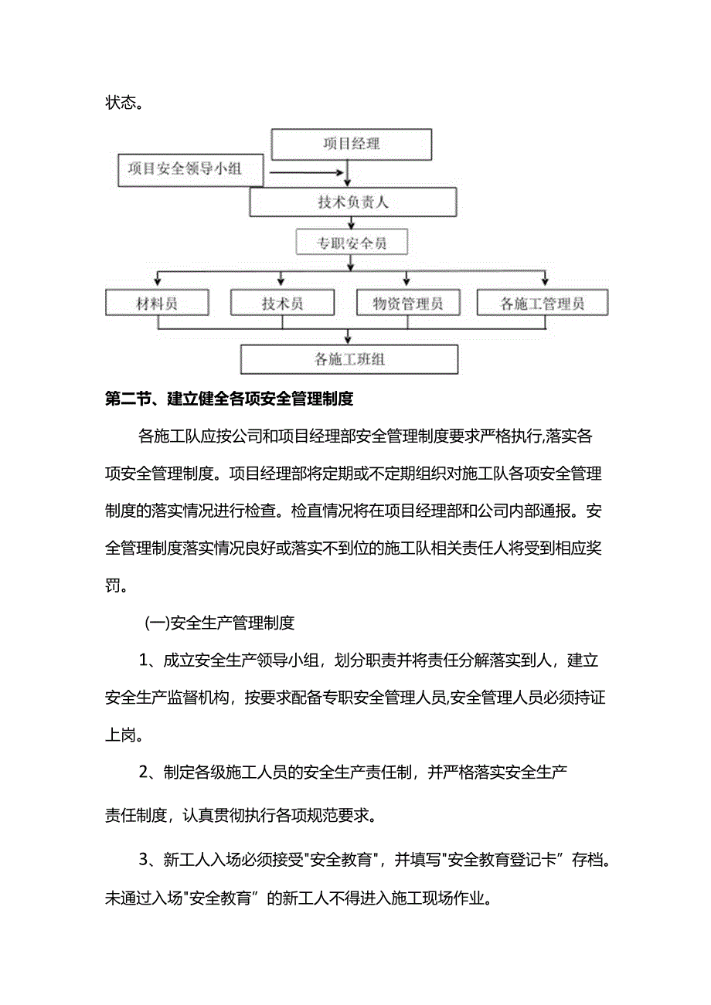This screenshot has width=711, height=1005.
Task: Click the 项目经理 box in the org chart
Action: pos(351,144)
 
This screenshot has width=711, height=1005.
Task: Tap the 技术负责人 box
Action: pos(352,203)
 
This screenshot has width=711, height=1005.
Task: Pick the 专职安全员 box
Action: pos(352,244)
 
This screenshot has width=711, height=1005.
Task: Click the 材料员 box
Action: pos(158,303)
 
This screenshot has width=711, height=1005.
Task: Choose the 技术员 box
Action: pos(282,303)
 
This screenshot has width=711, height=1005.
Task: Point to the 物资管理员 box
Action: pos(408,303)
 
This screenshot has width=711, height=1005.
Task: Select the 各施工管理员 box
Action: pos(542,303)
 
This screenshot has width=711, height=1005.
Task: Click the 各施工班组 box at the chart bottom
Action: pos(349,359)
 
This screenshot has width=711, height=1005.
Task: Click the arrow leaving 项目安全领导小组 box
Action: pos(304,175)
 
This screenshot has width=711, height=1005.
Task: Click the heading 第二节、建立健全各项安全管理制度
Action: pos(229,399)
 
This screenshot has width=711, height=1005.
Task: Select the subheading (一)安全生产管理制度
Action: pos(219,622)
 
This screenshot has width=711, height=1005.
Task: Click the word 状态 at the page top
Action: pos(120,103)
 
